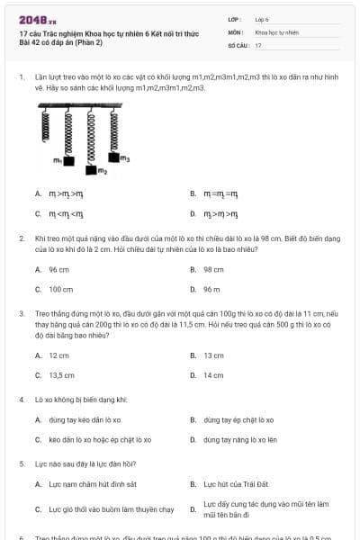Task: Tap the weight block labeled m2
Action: (x=90, y=168)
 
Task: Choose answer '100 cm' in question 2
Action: (x=61, y=290)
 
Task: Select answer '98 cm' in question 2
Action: (x=213, y=269)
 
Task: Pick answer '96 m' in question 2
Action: (x=212, y=290)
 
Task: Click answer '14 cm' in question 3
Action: (x=213, y=375)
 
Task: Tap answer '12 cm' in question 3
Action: (x=59, y=355)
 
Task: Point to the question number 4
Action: (x=21, y=399)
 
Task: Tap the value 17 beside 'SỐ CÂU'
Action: (x=258, y=45)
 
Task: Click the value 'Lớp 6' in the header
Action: (x=262, y=18)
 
